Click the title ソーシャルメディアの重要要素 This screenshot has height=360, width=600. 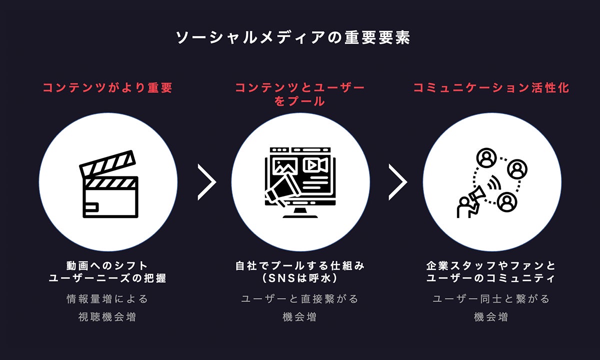(293, 38)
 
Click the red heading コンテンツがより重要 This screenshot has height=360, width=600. (107, 88)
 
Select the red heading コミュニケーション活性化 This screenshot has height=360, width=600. (491, 88)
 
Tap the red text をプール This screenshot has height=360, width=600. (300, 101)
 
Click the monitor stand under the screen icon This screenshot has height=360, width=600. (300, 212)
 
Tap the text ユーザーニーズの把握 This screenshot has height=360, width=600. (107, 278)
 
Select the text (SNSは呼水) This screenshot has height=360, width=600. (300, 278)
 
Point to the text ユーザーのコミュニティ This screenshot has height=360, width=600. (491, 278)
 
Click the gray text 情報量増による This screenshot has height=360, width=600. (107, 299)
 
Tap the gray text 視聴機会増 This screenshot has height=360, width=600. (107, 316)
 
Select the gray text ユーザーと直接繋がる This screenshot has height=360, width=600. (300, 299)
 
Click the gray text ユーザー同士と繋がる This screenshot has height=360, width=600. (491, 299)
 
